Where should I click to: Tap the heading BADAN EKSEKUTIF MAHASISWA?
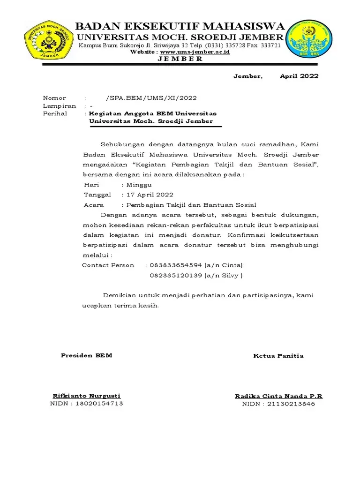tap(180, 26)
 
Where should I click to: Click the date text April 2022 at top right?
tap(299, 76)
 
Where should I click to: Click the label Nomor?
tap(55, 98)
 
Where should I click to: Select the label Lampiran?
tap(60, 106)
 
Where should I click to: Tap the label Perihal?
tap(55, 113)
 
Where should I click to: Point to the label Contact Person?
tap(108, 265)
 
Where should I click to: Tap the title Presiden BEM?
tap(87, 355)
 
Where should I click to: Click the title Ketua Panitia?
tap(278, 356)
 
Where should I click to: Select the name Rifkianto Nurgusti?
tap(87, 396)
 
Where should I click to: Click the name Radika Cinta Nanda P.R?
tap(278, 396)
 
